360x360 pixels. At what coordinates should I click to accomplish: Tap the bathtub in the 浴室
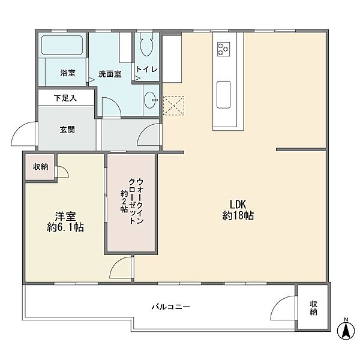(x=62, y=45)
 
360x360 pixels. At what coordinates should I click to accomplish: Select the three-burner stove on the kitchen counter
(x=224, y=49)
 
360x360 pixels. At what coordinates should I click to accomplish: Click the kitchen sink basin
(x=223, y=95)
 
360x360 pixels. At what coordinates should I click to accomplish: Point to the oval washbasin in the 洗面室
(x=150, y=100)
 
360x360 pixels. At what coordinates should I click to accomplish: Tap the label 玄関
(x=67, y=130)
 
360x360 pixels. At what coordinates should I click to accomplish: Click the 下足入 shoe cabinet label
(x=65, y=98)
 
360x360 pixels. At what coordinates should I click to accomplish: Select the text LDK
(x=238, y=204)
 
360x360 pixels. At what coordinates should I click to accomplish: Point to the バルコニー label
(x=171, y=307)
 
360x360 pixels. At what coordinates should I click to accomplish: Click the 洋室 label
(x=65, y=216)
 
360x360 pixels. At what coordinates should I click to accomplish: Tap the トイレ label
(x=147, y=69)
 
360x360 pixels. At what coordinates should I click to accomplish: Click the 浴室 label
(x=68, y=73)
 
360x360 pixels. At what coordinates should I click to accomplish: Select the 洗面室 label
(x=110, y=74)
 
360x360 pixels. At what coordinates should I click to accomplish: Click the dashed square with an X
(x=173, y=106)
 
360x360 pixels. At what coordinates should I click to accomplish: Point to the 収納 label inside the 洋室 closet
(x=41, y=167)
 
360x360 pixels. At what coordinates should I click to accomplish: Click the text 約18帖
(x=238, y=215)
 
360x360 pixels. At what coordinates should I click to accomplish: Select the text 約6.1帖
(x=65, y=227)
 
